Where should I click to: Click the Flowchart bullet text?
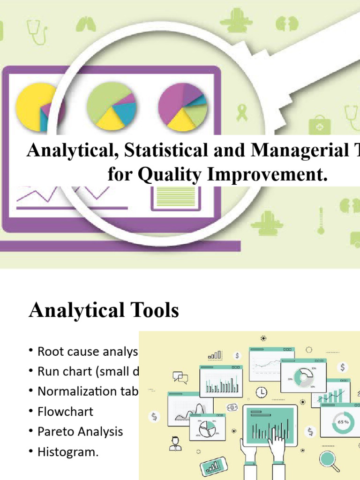coord(65,412)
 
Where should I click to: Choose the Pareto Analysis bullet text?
coord(80,431)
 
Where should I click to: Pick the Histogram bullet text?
coord(68,452)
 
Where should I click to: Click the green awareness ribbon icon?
coord(242,113)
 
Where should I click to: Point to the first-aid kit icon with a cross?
coord(320,126)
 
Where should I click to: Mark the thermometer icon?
coord(321,221)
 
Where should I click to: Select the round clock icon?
coord(261,391)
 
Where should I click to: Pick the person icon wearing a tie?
coord(175,443)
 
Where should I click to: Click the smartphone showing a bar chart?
coord(214,466)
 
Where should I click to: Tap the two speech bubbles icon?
coord(180,377)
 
